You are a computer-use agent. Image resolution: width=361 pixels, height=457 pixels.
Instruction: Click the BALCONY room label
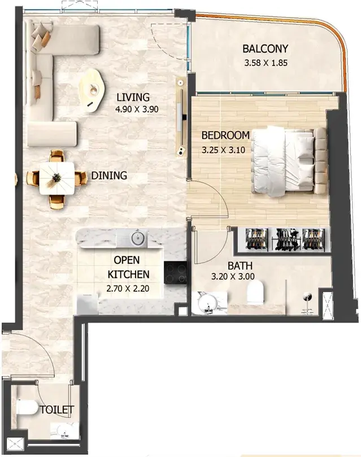[265, 49]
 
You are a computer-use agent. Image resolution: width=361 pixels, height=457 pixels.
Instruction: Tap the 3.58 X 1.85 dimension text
[266, 63]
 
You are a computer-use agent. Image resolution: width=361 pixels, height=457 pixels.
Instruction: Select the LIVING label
[133, 97]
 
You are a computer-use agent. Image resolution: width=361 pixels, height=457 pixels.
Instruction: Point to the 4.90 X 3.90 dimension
[137, 109]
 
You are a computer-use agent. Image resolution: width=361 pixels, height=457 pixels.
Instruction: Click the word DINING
[109, 176]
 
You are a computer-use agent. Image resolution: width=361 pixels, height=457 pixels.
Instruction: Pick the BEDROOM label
[225, 135]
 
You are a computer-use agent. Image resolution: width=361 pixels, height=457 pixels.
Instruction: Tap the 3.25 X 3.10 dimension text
[224, 150]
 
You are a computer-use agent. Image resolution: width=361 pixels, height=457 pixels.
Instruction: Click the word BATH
[240, 266]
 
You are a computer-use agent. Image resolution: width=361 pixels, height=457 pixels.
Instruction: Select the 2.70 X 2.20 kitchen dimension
[128, 289]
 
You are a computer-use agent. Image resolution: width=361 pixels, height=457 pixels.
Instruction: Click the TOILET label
[57, 410]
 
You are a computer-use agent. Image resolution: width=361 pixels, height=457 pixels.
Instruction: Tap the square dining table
[57, 178]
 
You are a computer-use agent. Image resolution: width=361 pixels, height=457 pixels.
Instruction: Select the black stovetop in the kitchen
[175, 272]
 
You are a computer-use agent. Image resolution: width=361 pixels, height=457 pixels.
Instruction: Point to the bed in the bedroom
[289, 161]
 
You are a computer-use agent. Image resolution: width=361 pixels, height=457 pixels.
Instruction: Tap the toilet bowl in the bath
[255, 292]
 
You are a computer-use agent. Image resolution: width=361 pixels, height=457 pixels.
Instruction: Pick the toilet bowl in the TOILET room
[27, 408]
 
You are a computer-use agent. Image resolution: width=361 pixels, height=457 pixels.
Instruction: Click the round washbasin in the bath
[207, 303]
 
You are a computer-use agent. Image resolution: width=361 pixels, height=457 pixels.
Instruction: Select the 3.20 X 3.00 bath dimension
[233, 276]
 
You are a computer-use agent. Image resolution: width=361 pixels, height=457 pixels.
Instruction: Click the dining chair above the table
[57, 156]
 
